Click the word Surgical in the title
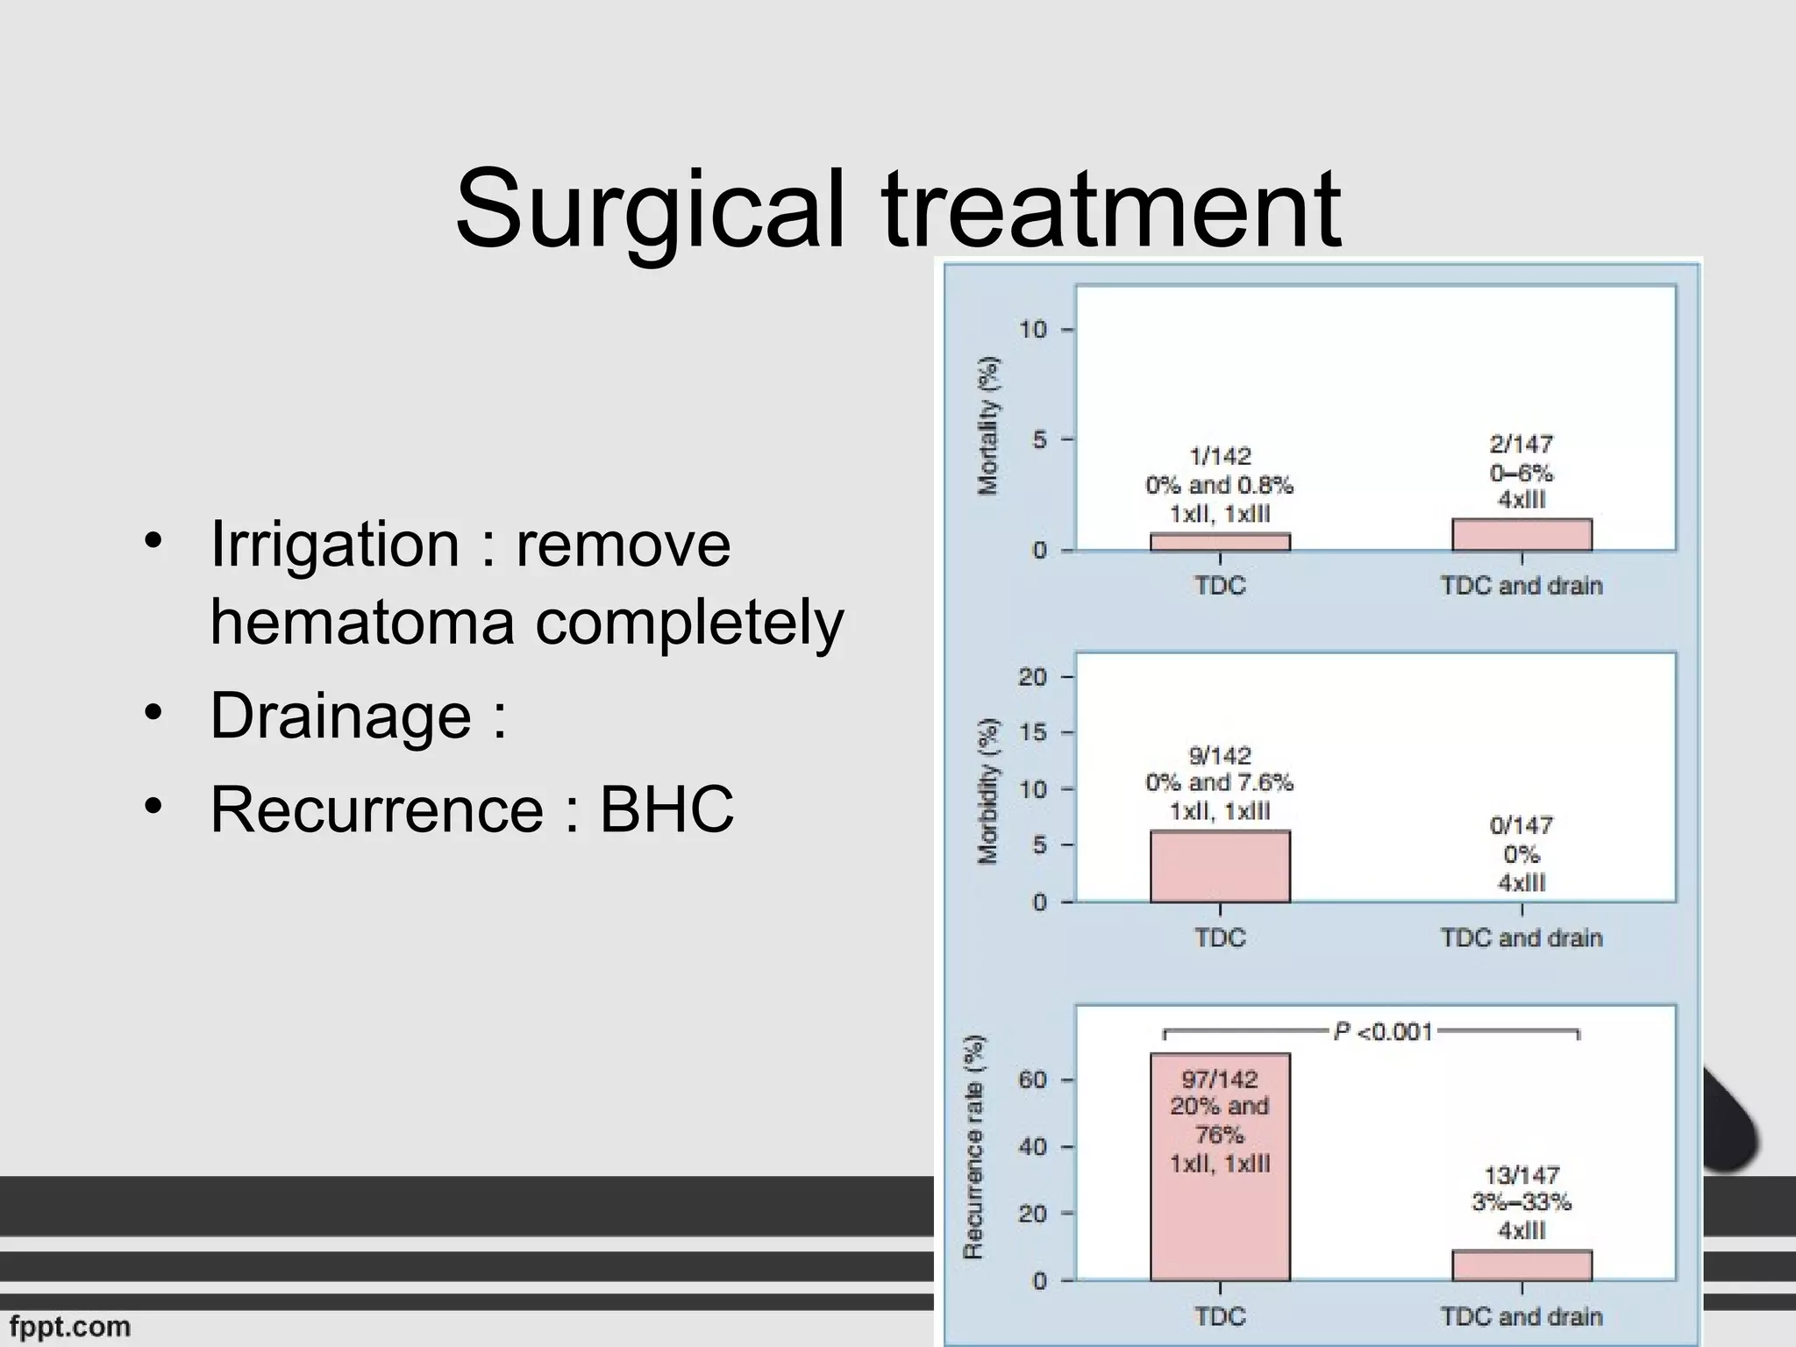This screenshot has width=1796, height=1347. pos(650,210)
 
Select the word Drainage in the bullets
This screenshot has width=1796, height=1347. pos(341,716)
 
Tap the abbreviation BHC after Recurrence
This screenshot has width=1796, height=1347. pos(666,809)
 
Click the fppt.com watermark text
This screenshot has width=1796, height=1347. pos(70,1326)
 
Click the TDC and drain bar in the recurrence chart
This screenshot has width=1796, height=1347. pos(1522,1265)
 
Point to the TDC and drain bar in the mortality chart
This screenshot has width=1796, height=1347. pos(1522,535)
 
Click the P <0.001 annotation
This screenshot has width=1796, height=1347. pos(1383,1032)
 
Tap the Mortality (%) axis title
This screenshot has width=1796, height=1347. pos(988,426)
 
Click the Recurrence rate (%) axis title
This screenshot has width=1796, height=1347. pos(973,1147)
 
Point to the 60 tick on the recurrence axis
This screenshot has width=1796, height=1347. pos(1032,1080)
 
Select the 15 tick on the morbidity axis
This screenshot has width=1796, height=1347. pos(1032,732)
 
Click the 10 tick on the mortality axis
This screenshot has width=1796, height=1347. pos(1033,330)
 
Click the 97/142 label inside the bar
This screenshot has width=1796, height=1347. pos(1220,1080)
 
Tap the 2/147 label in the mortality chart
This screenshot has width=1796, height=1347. pos(1522,445)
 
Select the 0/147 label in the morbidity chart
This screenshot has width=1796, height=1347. pos(1522,826)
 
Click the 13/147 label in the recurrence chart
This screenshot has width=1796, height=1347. pos(1522,1175)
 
